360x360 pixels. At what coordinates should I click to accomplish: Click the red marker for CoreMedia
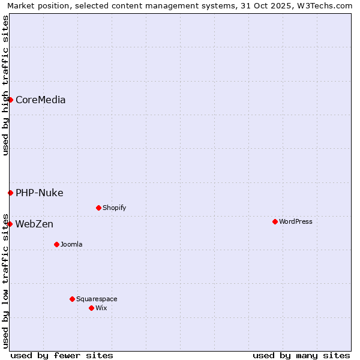(10, 100)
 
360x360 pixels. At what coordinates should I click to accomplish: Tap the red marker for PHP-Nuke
(10, 193)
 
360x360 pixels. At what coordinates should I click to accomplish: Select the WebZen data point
(10, 224)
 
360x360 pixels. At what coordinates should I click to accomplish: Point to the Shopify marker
(98, 208)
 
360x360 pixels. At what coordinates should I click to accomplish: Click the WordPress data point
(275, 221)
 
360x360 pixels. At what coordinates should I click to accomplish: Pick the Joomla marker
(56, 244)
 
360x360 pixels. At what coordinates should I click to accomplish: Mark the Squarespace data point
(72, 299)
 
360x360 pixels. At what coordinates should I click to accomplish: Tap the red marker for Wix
(91, 308)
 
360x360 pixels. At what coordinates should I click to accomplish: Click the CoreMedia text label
(40, 100)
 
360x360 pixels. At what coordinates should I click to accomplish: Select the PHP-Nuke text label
(39, 193)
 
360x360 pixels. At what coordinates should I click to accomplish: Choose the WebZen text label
(34, 224)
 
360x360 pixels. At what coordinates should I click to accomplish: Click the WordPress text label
(295, 221)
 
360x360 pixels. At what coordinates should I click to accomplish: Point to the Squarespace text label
(97, 299)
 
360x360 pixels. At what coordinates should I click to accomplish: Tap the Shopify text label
(114, 208)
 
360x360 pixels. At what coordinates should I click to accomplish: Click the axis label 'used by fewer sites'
(62, 355)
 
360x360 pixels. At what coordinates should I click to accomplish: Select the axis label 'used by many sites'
(301, 355)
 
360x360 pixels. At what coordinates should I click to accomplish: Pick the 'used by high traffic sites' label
(5, 85)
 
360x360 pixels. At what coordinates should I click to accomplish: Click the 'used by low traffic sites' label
(5, 280)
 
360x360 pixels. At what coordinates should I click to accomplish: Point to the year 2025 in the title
(283, 5)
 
